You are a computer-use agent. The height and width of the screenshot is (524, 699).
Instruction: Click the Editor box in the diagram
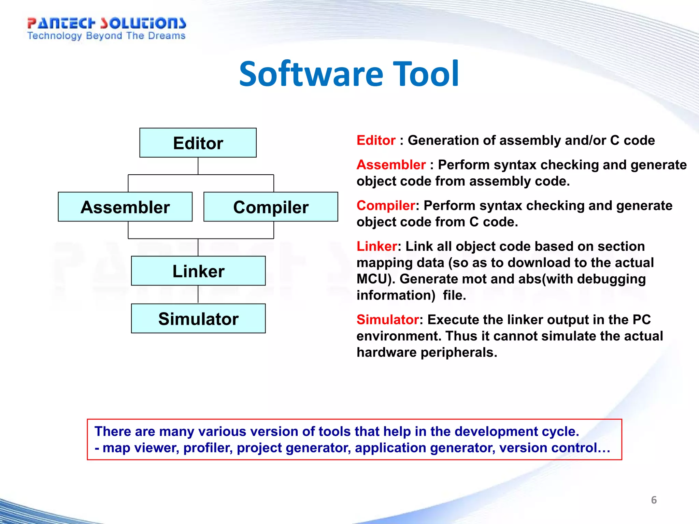coord(198,143)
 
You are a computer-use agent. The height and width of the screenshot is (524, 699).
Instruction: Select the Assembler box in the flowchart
coord(125,207)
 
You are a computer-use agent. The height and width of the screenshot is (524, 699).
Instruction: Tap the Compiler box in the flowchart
coord(271,207)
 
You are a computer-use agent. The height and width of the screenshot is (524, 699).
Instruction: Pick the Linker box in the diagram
coord(198,271)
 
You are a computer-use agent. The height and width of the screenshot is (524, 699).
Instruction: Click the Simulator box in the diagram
coord(198,319)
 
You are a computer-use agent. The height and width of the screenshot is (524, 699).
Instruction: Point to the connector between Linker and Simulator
coord(198,294)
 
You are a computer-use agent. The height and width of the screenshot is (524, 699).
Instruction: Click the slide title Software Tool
coord(349,74)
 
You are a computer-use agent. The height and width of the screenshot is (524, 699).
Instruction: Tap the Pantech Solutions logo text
coord(106,23)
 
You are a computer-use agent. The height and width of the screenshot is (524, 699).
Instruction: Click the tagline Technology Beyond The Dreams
coord(106,36)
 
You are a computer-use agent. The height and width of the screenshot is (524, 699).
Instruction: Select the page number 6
coord(654,500)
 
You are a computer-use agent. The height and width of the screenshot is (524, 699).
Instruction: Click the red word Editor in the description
coord(376,141)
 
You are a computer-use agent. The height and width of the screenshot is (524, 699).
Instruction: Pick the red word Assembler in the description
coord(391,165)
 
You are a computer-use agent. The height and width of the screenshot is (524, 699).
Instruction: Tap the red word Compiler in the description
coord(386,206)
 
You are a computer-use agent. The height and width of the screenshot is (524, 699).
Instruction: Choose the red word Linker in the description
coord(377,246)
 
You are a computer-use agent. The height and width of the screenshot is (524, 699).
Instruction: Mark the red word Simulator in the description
coord(388,320)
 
